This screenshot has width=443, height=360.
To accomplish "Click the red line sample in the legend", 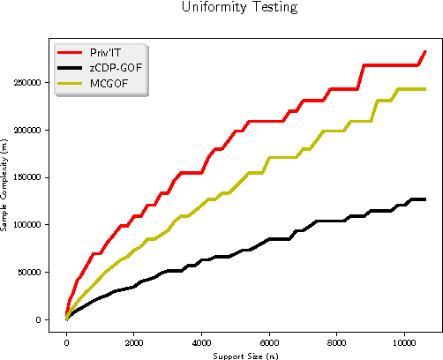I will click(x=70, y=53).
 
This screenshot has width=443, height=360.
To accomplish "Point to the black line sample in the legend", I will click(x=70, y=68).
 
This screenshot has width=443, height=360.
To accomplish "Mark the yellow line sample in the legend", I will click(x=70, y=83).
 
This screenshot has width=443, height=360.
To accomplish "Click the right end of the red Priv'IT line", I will click(x=425, y=51).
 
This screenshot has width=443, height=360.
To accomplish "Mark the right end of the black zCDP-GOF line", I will click(x=425, y=199).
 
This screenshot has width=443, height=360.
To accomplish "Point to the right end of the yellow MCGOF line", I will click(x=425, y=89).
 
